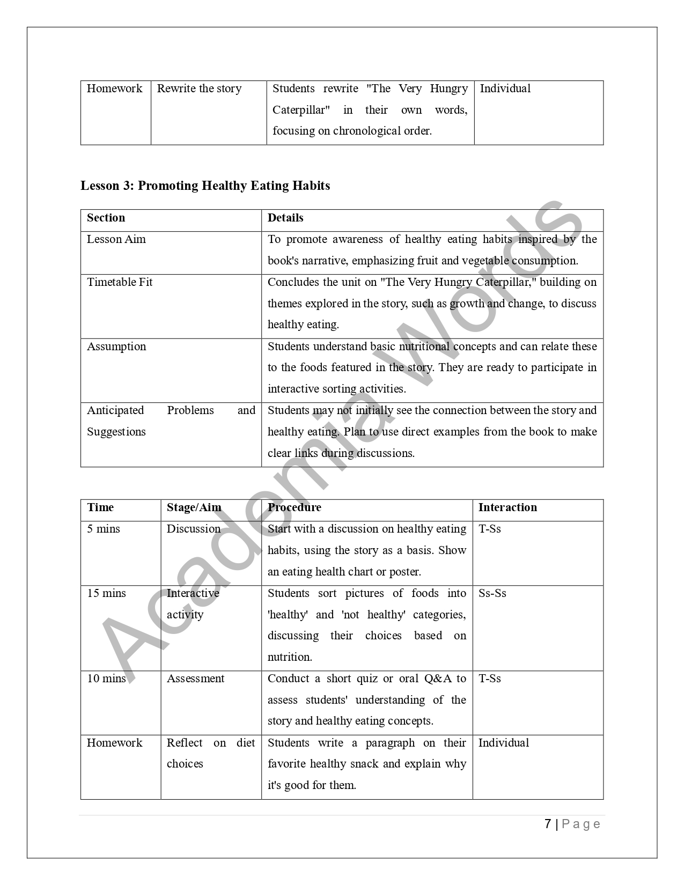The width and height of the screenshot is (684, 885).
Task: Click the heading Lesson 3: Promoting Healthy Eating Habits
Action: click(x=205, y=186)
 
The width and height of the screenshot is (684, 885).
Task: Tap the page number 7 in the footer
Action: click(x=548, y=824)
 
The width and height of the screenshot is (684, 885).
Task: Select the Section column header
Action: click(x=106, y=218)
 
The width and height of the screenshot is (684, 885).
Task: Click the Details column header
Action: click(x=285, y=218)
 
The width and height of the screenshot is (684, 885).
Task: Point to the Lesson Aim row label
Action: click(x=116, y=239)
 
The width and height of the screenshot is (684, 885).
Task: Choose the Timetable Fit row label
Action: click(x=120, y=282)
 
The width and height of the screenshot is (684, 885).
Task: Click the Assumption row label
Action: click(x=116, y=346)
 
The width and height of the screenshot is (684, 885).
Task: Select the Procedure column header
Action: click(x=295, y=507)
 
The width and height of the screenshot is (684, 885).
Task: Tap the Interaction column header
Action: click(x=508, y=507)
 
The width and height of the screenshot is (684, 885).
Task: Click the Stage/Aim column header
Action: click(x=194, y=507)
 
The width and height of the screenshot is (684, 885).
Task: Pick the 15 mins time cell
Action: click(x=106, y=593)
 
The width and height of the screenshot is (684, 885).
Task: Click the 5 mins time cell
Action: click(x=104, y=529)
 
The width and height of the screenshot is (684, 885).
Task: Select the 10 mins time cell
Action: click(x=106, y=678)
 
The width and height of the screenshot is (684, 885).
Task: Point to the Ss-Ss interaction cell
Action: click(x=492, y=593)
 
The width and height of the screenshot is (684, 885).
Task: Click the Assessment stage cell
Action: click(x=195, y=678)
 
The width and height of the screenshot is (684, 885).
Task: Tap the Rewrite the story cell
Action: click(x=199, y=88)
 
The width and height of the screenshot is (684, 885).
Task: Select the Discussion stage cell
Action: click(x=194, y=529)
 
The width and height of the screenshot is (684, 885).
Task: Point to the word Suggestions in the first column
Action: click(x=116, y=432)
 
